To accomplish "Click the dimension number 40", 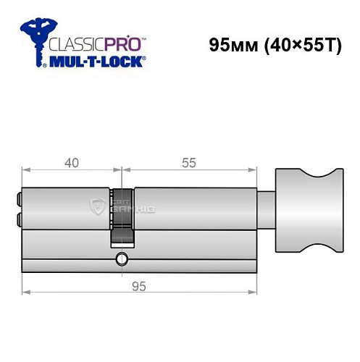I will click(70, 163).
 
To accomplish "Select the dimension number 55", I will click(189, 163).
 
